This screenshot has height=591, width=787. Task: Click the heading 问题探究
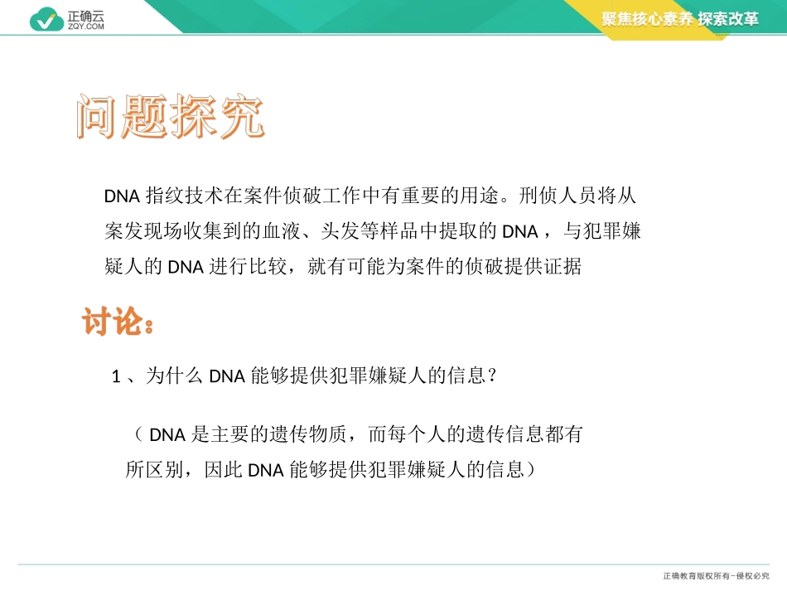[x=170, y=119]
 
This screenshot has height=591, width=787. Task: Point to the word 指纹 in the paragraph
[x=163, y=196]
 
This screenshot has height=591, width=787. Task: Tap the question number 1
[x=117, y=377]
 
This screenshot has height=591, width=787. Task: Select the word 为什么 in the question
[x=174, y=376]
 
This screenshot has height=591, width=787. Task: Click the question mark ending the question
[x=492, y=376]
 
